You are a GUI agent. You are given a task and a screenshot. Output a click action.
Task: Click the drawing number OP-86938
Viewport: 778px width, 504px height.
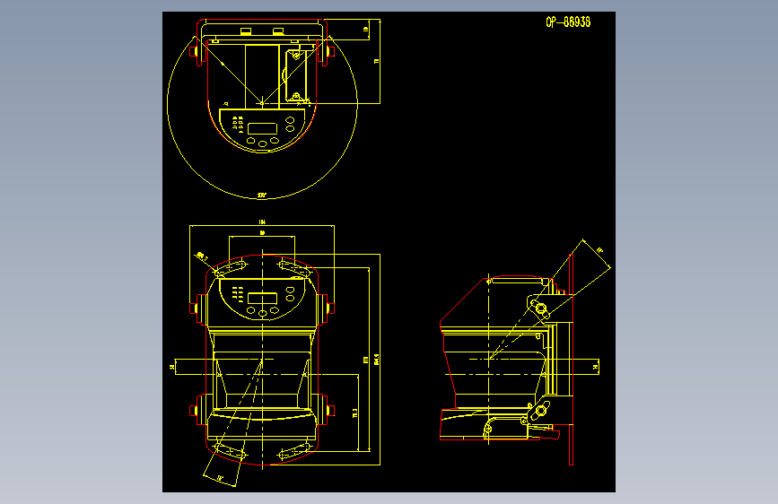[567, 22]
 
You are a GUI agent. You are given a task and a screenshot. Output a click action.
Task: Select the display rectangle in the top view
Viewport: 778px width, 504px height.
[263, 127]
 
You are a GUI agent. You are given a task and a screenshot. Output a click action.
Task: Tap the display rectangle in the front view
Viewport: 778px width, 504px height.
[263, 299]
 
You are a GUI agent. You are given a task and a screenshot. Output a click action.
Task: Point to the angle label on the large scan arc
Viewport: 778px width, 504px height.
[262, 194]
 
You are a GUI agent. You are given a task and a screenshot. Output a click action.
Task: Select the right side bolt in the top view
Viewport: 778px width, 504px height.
[329, 53]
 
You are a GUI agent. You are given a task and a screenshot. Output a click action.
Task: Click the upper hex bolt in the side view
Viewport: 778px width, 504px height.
[541, 309]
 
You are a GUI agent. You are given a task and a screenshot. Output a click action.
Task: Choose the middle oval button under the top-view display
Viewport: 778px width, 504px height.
[263, 142]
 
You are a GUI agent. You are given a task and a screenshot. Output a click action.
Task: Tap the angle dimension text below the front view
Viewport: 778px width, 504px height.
[220, 479]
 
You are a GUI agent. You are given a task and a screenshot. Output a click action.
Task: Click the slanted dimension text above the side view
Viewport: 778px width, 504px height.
[599, 250]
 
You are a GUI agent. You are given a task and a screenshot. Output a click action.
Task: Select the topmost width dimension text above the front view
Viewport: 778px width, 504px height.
[262, 222]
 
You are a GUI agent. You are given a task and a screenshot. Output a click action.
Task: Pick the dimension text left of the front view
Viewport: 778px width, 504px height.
[171, 366]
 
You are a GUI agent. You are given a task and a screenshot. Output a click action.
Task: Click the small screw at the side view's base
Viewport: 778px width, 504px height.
[488, 430]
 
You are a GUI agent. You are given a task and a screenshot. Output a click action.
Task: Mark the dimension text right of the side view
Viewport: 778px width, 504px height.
[596, 366]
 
